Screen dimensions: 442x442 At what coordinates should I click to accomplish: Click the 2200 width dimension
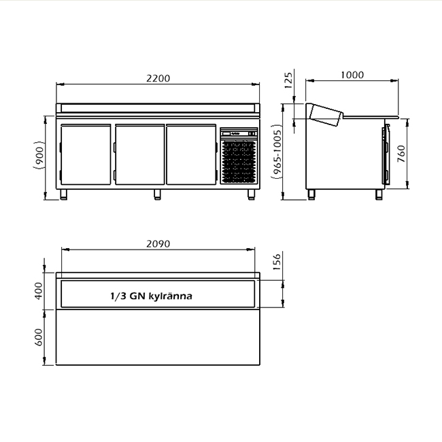click(x=158, y=78)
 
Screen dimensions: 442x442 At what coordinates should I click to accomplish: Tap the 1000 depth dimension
click(x=352, y=75)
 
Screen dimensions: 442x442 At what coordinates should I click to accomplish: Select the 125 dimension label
click(x=288, y=81)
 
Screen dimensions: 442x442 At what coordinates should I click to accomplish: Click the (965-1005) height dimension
click(x=277, y=154)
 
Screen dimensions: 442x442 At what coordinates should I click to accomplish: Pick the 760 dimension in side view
click(x=401, y=154)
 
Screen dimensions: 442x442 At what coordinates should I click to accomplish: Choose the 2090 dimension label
click(x=158, y=244)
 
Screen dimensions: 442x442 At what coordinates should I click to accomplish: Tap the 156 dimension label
click(x=277, y=262)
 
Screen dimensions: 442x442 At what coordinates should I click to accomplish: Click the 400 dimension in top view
click(x=38, y=291)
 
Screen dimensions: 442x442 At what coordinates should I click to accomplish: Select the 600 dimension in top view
click(x=38, y=337)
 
